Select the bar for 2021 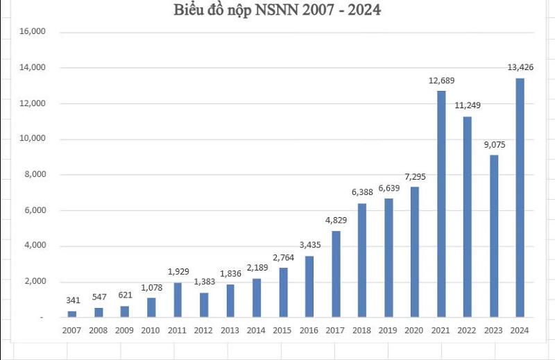click(x=441, y=204)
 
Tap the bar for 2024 click(x=520, y=198)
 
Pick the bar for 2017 click(x=336, y=274)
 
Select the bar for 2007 click(x=72, y=314)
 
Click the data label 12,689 click(x=441, y=81)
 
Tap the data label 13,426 click(x=520, y=67)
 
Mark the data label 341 click(x=72, y=300)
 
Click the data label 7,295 click(x=415, y=177)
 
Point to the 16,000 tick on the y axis click(x=32, y=32)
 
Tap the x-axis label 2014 click(x=256, y=330)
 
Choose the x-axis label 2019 click(x=388, y=330)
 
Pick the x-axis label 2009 click(x=125, y=330)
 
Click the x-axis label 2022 click(x=467, y=330)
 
